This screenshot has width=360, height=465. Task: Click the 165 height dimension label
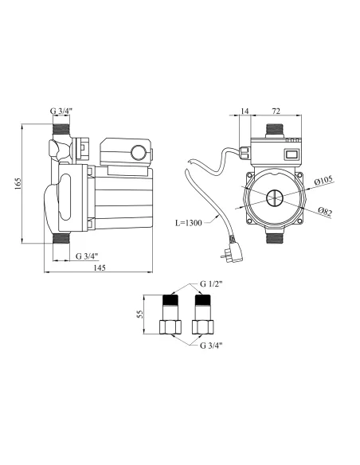pos(18,184)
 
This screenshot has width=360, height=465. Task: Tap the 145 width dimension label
pos(100,268)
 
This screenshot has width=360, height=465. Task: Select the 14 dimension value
pos(245,111)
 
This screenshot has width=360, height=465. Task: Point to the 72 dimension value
pos(276,111)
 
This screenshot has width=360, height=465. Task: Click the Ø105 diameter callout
pos(323,180)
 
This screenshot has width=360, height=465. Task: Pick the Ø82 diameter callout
pos(325,212)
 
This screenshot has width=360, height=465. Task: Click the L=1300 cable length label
pos(188,223)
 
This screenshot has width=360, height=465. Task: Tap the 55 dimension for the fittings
pos(140,315)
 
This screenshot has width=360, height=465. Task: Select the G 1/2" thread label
pos(211,283)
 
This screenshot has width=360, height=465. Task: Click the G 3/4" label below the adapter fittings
pos(211,346)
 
